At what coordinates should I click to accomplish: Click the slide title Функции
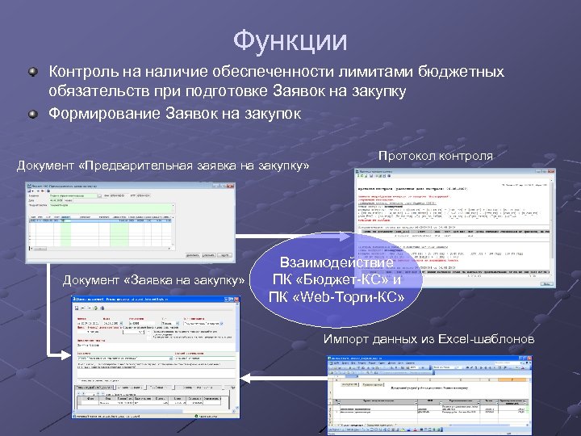click(290, 40)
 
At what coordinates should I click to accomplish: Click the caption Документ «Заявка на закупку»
click(153, 279)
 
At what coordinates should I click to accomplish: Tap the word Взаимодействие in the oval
click(336, 263)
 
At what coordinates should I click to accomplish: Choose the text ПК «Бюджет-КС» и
click(336, 280)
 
